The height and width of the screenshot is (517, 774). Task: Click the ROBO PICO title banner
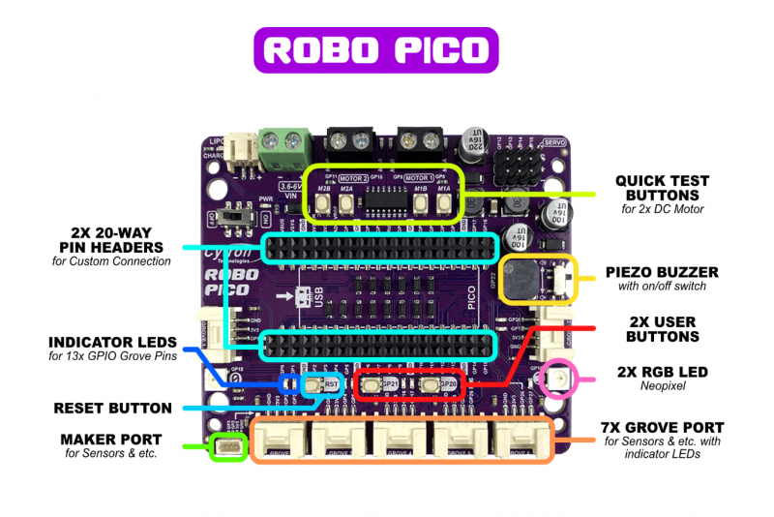(375, 49)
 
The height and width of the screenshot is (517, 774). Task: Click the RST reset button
(313, 384)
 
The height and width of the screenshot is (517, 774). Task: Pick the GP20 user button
(432, 385)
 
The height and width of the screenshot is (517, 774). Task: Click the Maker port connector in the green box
(228, 448)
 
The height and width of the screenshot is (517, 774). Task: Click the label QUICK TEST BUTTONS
(663, 188)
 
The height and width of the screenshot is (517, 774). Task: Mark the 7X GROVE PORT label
(662, 427)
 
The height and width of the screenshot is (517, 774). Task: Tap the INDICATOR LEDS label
(112, 343)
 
